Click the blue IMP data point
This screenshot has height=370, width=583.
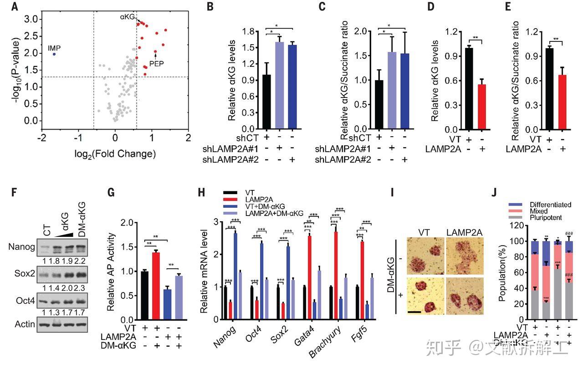(54, 54)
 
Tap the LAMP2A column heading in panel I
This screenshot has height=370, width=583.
(464, 231)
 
